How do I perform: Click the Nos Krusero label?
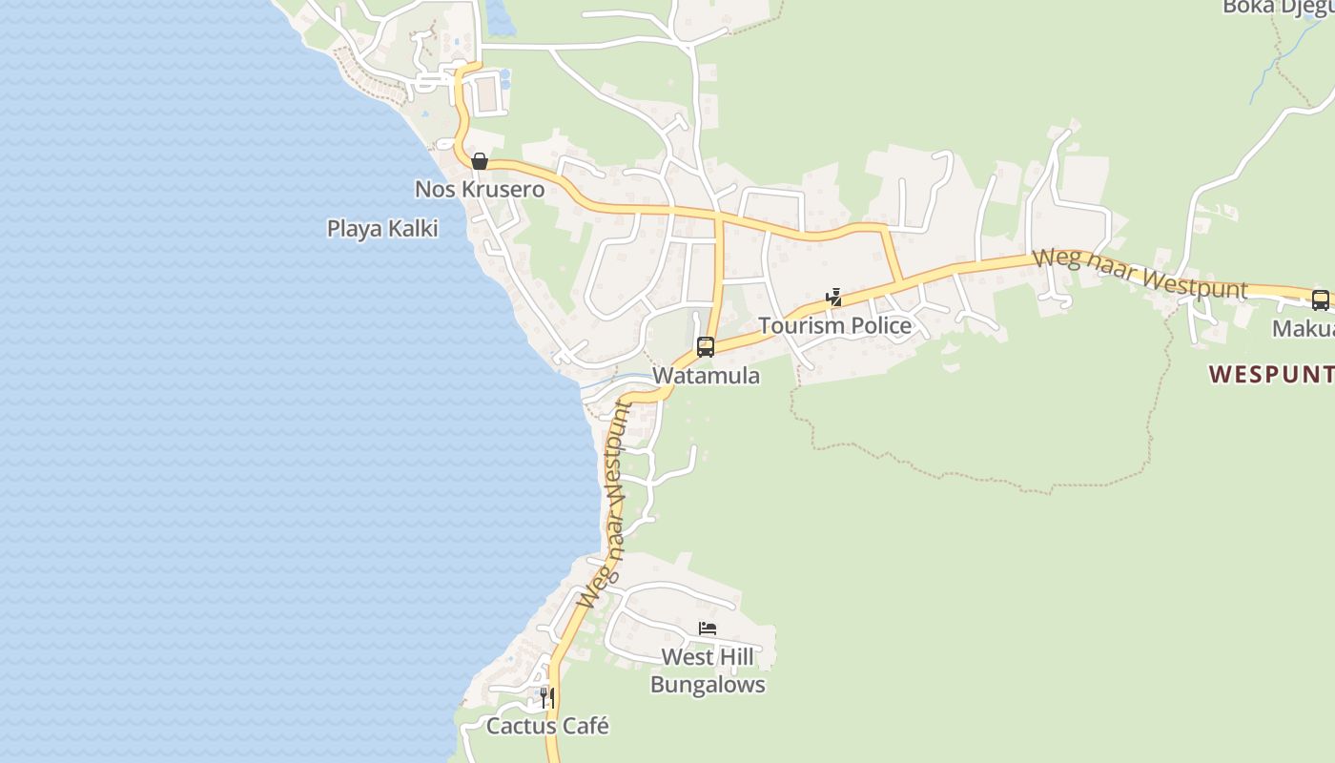(479, 189)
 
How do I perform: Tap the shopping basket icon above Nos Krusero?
(480, 161)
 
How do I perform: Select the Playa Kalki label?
(382, 229)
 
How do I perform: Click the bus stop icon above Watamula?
(706, 347)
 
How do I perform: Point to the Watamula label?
(707, 376)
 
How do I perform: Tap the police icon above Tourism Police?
(834, 298)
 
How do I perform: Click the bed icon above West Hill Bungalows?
(708, 629)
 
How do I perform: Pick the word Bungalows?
(708, 685)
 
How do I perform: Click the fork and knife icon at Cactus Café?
(547, 698)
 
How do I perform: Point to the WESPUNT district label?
(1271, 375)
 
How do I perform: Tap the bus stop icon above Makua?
(1321, 300)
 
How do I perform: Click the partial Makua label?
(1304, 329)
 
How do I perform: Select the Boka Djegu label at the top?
(1278, 8)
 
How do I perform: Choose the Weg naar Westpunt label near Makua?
(1140, 273)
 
